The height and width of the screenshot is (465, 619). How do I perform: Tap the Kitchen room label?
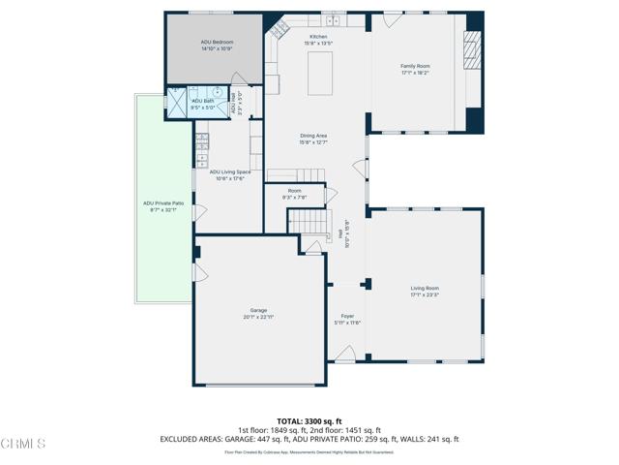pyautogui.click(x=318, y=37)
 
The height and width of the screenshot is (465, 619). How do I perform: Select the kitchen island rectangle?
pyautogui.click(x=320, y=75)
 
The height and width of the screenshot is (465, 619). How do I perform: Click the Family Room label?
pyautogui.click(x=415, y=66)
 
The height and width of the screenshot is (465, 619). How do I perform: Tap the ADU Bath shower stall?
pyautogui.click(x=178, y=101)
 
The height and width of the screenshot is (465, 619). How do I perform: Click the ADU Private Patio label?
pyautogui.click(x=163, y=203)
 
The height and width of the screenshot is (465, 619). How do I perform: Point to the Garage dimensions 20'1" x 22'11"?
pyautogui.click(x=258, y=318)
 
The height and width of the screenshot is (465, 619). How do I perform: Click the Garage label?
pyautogui.click(x=258, y=311)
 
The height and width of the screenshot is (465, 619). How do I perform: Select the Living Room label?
pyautogui.click(x=425, y=288)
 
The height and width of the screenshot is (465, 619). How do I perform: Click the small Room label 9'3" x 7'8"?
pyautogui.click(x=294, y=191)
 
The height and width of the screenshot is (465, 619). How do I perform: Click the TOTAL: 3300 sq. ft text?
pyautogui.click(x=309, y=421)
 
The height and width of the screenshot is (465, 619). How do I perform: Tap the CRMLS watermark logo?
pyautogui.click(x=23, y=444)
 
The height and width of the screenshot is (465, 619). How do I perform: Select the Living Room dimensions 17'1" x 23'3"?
pyautogui.click(x=425, y=294)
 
